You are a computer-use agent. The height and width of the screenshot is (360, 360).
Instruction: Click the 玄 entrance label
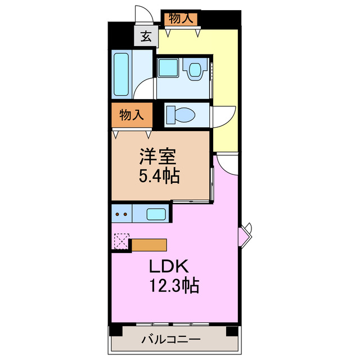point(145,37)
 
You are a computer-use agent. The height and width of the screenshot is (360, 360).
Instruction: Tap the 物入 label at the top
point(181,18)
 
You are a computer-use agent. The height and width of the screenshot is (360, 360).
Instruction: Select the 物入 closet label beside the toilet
point(130,115)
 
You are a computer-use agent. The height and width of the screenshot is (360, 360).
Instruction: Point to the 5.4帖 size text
point(159,177)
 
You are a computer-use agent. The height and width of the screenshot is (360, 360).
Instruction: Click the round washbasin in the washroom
point(195,70)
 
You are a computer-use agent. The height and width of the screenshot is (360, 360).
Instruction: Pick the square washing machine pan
point(167,68)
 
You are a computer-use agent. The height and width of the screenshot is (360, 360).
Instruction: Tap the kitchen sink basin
point(156,214)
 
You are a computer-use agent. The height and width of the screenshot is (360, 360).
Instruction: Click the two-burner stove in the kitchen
point(120,214)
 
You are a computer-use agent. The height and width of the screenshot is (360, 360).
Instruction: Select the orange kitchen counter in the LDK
point(148,245)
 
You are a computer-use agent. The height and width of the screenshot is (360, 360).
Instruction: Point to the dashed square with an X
point(121,241)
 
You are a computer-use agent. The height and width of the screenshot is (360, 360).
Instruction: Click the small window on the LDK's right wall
point(247,233)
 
